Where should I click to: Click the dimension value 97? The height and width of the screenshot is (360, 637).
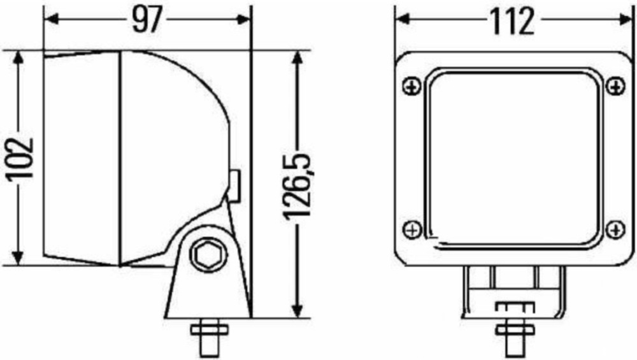pyautogui.click(x=147, y=20)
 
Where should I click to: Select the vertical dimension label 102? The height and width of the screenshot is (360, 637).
pyautogui.click(x=18, y=159)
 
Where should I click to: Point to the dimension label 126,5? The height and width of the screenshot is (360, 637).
pyautogui.click(x=297, y=187)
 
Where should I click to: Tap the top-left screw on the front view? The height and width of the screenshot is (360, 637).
pyautogui.click(x=412, y=87)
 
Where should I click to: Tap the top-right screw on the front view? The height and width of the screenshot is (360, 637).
pyautogui.click(x=615, y=87)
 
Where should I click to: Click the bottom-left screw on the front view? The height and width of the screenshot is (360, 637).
pyautogui.click(x=412, y=229)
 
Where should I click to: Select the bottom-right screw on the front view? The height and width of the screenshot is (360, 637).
pyautogui.click(x=615, y=229)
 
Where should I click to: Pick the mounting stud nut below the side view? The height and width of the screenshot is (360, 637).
pyautogui.click(x=209, y=328)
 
